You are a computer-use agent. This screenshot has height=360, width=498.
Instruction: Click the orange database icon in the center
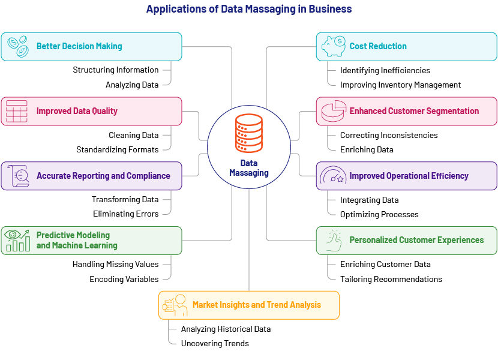click(248, 133)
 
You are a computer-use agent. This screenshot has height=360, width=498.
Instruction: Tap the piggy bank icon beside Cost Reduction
click(333, 46)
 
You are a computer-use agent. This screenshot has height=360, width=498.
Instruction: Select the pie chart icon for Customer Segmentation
click(334, 111)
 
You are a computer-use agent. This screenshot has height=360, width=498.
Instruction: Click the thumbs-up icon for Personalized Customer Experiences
click(334, 240)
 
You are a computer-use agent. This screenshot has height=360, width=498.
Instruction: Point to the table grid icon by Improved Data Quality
click(17, 111)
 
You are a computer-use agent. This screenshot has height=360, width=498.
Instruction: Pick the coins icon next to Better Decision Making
click(18, 47)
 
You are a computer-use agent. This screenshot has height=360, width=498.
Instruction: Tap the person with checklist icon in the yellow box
click(175, 305)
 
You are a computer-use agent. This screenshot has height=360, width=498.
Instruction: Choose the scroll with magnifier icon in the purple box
click(18, 176)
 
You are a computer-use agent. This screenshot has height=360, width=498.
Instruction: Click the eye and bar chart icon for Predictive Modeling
click(17, 241)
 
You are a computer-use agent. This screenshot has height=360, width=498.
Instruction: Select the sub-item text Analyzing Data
click(132, 85)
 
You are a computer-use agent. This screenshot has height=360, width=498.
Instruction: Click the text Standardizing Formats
click(117, 149)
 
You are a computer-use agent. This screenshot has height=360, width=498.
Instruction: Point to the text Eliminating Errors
click(126, 214)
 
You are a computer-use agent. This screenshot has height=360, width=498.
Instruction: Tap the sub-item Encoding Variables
click(124, 279)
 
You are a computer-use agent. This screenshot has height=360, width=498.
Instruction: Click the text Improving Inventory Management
click(400, 85)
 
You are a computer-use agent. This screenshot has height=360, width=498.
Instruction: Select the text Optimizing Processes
click(379, 214)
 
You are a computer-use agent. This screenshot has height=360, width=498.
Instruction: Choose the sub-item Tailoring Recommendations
click(391, 279)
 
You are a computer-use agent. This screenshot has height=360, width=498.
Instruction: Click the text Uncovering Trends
click(215, 343)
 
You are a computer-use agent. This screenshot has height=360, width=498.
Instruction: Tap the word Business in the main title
click(330, 9)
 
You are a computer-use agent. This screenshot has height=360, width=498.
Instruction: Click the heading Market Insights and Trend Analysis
click(257, 305)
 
